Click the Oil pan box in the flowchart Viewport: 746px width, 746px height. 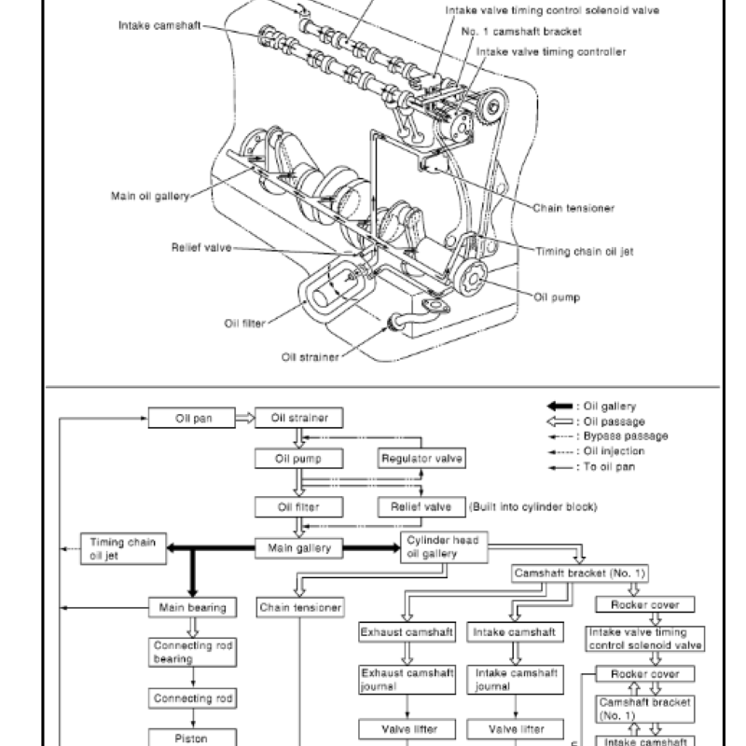[194, 419]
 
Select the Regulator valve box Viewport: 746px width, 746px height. [421, 459]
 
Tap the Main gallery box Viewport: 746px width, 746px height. [299, 548]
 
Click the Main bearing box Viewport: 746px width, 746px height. [194, 608]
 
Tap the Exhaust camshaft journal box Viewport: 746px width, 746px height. [408, 679]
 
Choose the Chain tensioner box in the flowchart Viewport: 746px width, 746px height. [299, 608]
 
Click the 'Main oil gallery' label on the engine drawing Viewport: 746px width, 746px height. [149, 196]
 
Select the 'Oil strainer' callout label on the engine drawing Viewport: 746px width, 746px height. [310, 355]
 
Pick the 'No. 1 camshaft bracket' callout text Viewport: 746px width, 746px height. [521, 31]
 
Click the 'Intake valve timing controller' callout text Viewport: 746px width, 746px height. [551, 51]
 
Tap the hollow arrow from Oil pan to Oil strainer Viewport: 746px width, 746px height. [242, 419]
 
